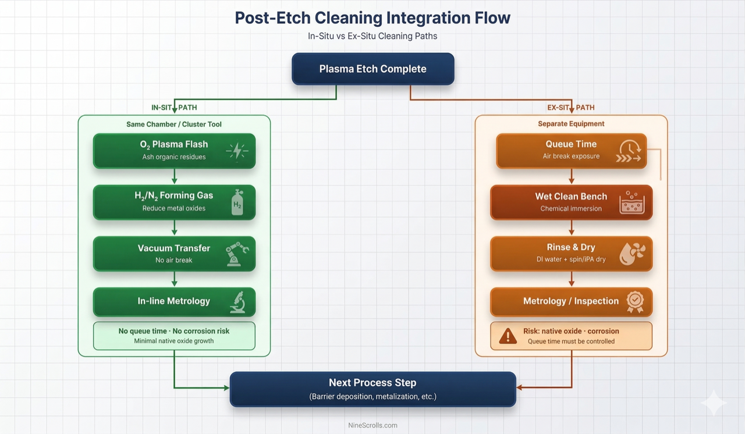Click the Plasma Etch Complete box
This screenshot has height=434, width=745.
[372, 69]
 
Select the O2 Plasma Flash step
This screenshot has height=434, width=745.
[174, 150]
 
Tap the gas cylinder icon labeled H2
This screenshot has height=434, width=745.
[237, 202]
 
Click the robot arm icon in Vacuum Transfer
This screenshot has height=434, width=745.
[237, 254]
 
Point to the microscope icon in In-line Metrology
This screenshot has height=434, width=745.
[237, 302]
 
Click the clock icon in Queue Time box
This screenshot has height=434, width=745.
[629, 151]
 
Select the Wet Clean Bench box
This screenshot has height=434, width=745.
[571, 202]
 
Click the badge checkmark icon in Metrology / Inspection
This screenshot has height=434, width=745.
[634, 301]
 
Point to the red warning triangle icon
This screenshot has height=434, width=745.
[508, 336]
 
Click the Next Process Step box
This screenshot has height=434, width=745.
[372, 389]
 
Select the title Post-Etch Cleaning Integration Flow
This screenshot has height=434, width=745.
[372, 17]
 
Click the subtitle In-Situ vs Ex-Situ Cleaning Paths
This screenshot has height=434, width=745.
[372, 36]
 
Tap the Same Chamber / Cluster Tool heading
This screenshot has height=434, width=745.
[174, 124]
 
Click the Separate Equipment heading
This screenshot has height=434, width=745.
[571, 124]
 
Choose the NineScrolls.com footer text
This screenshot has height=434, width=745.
[372, 425]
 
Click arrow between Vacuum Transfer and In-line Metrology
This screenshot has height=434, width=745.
[174, 279]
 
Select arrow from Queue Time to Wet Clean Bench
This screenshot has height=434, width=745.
[571, 176]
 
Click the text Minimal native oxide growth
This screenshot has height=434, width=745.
[174, 341]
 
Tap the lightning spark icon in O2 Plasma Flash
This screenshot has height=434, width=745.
[237, 151]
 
